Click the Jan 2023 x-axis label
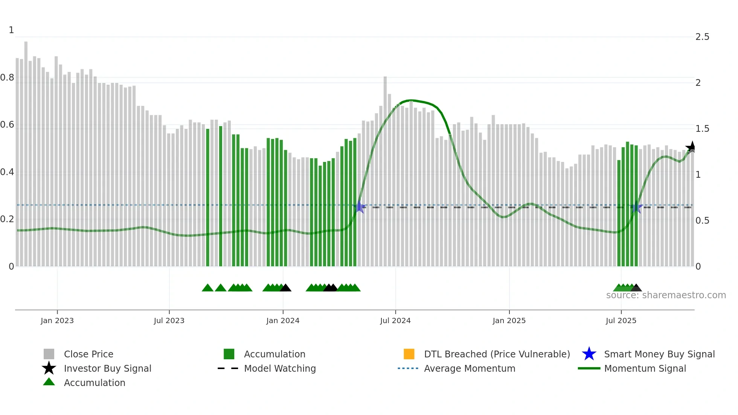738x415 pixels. [57, 320]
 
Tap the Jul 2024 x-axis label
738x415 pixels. [395, 320]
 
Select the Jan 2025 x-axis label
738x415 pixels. [509, 320]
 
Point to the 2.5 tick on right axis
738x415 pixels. [702, 37]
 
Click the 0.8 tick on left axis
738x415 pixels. [7, 78]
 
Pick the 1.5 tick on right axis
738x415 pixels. [702, 129]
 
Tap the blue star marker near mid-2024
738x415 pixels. [360, 207]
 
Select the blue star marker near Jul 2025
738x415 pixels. [636, 207]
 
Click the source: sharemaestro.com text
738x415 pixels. [666, 295]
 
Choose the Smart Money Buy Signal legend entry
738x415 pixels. [659, 354]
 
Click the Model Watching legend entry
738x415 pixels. [280, 368]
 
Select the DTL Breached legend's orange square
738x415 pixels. [409, 354]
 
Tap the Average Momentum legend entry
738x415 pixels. [469, 368]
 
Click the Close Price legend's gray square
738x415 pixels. [49, 354]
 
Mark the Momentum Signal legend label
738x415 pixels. [645, 368]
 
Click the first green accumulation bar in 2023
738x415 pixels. [208, 196]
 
